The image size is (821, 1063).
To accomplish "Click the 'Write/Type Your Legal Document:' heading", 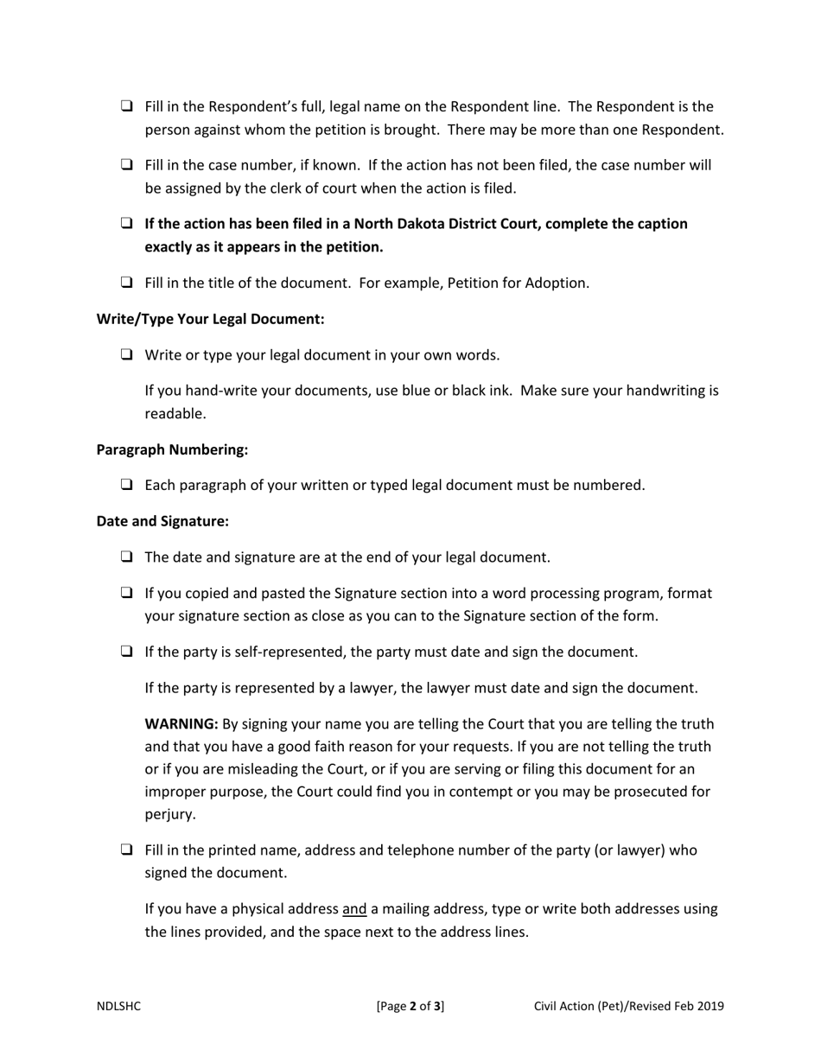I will [x=210, y=319].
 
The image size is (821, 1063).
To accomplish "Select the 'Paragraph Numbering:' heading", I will [x=172, y=449].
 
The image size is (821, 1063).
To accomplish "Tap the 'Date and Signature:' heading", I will [x=162, y=521].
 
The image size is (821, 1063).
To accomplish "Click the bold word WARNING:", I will [x=181, y=724].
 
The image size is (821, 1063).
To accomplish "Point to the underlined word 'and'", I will [x=354, y=909].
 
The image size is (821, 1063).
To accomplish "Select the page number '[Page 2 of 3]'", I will [x=410, y=1006].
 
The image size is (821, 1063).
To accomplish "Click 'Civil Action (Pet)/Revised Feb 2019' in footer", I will [x=628, y=1006].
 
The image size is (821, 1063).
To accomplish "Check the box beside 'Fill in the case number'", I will [x=127, y=165].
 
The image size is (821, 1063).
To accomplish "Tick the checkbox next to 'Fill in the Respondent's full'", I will [x=127, y=107].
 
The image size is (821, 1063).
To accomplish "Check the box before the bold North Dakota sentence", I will [x=127, y=224].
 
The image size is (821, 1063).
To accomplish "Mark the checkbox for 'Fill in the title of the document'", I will [x=127, y=283].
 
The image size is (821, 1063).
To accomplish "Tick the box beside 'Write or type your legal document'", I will [x=127, y=355].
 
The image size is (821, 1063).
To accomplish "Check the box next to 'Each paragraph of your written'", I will [x=127, y=486].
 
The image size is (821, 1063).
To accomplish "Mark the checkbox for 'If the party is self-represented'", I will [x=127, y=652].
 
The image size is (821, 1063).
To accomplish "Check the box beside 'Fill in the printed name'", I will [x=127, y=850].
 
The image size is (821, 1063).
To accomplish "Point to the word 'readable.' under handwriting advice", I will [x=175, y=414].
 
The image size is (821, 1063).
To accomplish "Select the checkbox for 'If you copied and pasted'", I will [x=127, y=594].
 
